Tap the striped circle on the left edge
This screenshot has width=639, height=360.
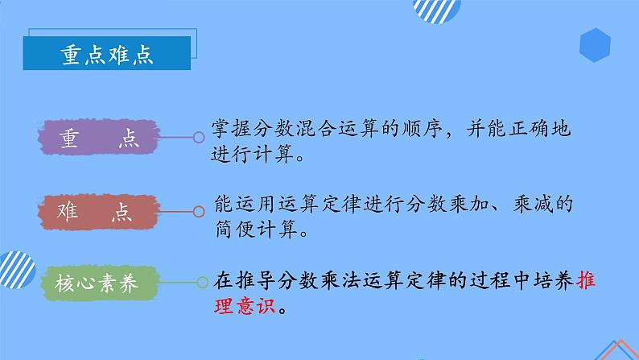(14, 266)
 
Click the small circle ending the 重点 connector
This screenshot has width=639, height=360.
(198, 138)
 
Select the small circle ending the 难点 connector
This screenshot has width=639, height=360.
(198, 212)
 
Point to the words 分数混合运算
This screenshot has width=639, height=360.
(311, 128)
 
